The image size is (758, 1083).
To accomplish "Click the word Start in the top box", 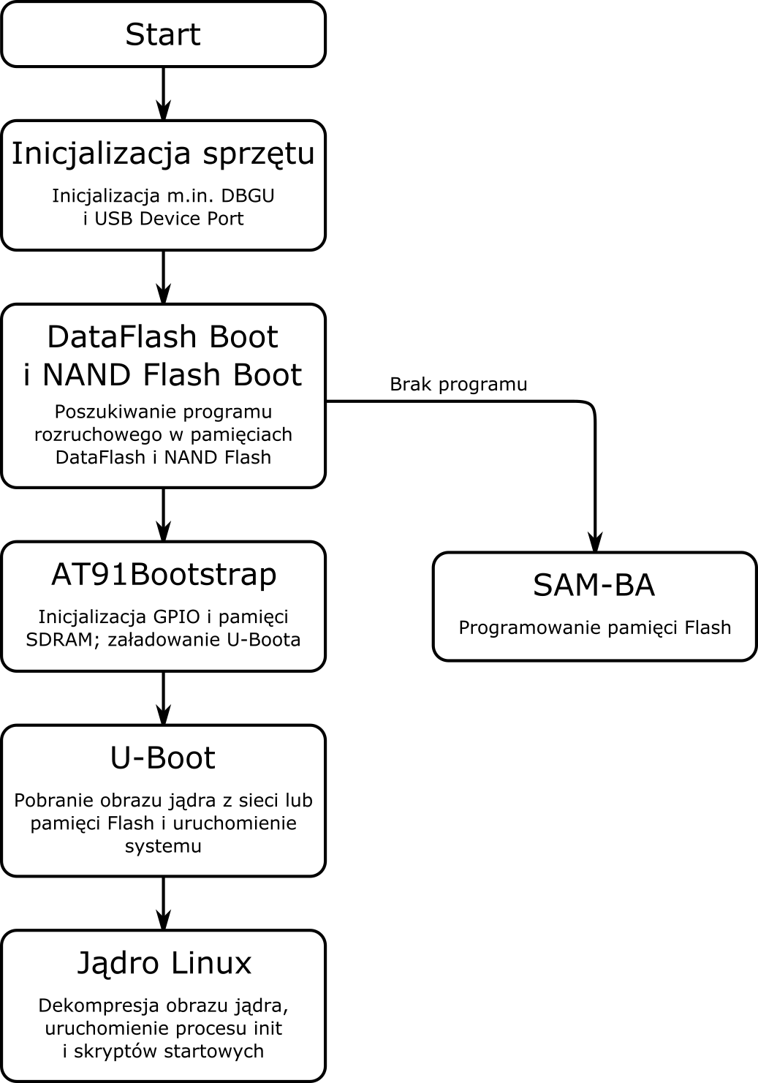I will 162,34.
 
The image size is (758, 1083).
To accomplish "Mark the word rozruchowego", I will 98,435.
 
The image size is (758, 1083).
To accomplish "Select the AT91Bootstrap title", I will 164,575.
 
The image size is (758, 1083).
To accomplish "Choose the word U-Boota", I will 265,640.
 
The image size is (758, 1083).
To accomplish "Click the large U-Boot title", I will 163,758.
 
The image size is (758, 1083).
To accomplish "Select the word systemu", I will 163,847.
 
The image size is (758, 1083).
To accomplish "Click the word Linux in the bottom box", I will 212,963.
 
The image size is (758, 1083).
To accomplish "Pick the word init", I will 267,1029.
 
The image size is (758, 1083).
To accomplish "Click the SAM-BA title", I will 594,586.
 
